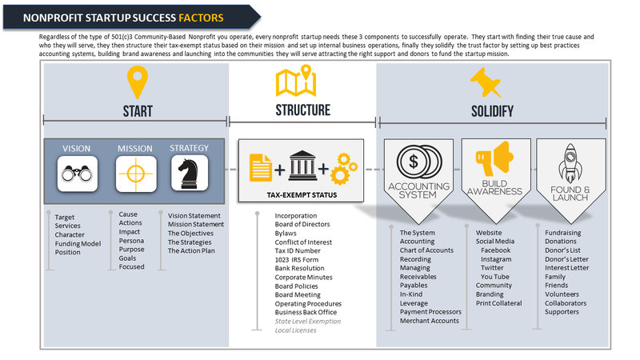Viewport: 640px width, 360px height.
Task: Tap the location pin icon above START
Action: pos(138,83)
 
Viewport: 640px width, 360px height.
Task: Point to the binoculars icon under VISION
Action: pos(76,172)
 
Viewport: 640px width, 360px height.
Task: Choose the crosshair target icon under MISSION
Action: pos(133,172)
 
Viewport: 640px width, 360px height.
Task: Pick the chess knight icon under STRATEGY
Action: pos(190,172)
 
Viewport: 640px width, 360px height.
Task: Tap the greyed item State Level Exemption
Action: pos(303,321)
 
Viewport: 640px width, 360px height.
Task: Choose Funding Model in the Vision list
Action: pos(78,243)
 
